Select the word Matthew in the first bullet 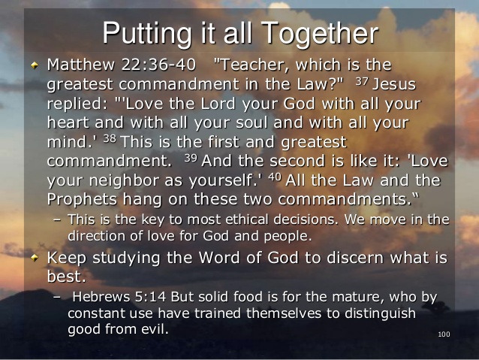pos(81,65)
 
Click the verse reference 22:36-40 pos(158,65)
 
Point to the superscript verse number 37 pos(362,81)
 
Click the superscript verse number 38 pos(110,139)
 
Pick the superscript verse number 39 pos(191,158)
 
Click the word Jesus pos(394,84)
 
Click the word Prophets pos(82,200)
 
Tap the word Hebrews pos(101,297)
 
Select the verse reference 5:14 pos(150,297)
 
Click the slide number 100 pos(444,334)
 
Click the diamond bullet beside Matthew pos(35,65)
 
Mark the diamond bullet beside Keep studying pos(35,258)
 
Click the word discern pos(355,258)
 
